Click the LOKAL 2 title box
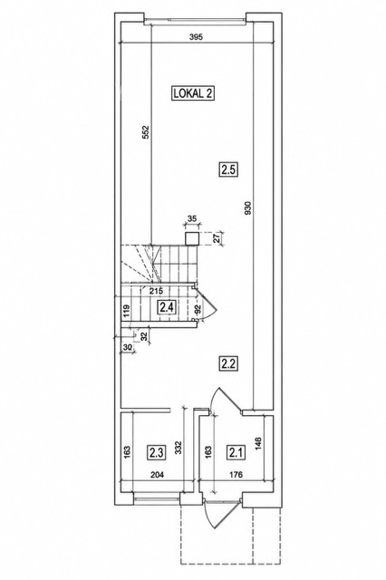click(x=193, y=93)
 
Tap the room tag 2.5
click(x=227, y=169)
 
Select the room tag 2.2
click(x=227, y=363)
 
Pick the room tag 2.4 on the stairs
click(x=167, y=307)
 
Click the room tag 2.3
click(x=157, y=452)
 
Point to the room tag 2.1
click(x=236, y=452)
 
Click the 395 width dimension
click(x=196, y=36)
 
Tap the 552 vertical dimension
click(x=146, y=132)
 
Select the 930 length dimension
click(x=248, y=208)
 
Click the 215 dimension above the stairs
click(x=157, y=290)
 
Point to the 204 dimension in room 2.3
click(x=157, y=474)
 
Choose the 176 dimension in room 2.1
click(x=236, y=474)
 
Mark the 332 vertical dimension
click(x=179, y=448)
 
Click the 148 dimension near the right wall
click(x=258, y=443)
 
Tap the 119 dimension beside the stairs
click(x=127, y=310)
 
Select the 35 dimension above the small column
click(x=192, y=218)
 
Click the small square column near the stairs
click(x=192, y=239)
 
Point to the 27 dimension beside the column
click(x=217, y=237)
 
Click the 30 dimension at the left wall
click(x=127, y=347)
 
